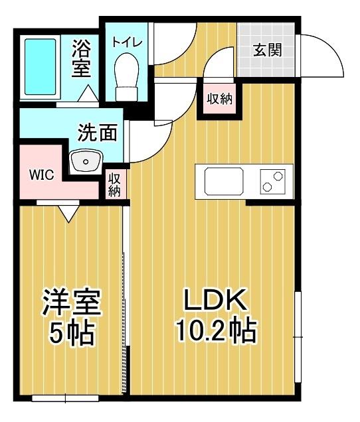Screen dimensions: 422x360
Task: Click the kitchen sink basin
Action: [x=224, y=180]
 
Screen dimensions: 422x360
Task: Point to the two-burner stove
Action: [x=272, y=180]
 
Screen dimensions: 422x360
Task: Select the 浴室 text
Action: [x=82, y=58]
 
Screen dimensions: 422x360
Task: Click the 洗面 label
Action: [x=98, y=132]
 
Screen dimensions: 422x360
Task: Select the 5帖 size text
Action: [x=71, y=332]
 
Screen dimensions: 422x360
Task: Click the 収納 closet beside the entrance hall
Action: [x=219, y=100]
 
